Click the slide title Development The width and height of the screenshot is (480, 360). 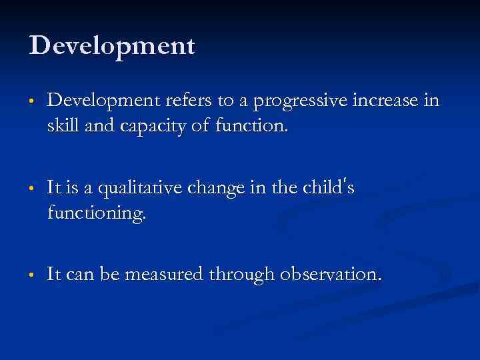(112, 46)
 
